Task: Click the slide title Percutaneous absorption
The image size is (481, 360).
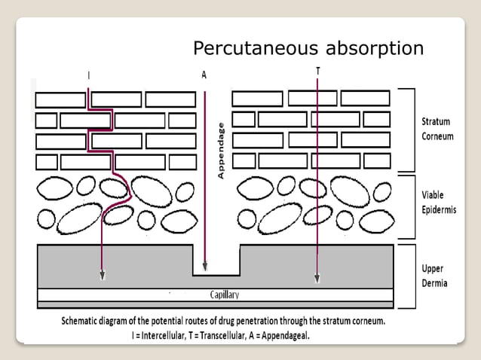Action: pos(308,49)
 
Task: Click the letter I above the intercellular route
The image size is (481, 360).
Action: pos(89,75)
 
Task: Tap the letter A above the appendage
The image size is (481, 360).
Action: pos(204,75)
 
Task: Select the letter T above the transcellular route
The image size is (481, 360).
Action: pos(317,70)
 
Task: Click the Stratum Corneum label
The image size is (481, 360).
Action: pos(437,128)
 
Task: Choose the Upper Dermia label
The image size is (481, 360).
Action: pos(434,275)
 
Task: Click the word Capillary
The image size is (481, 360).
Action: pos(225,294)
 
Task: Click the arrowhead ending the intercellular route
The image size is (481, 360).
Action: pos(103,276)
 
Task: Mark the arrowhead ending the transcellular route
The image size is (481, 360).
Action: pos(317,278)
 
